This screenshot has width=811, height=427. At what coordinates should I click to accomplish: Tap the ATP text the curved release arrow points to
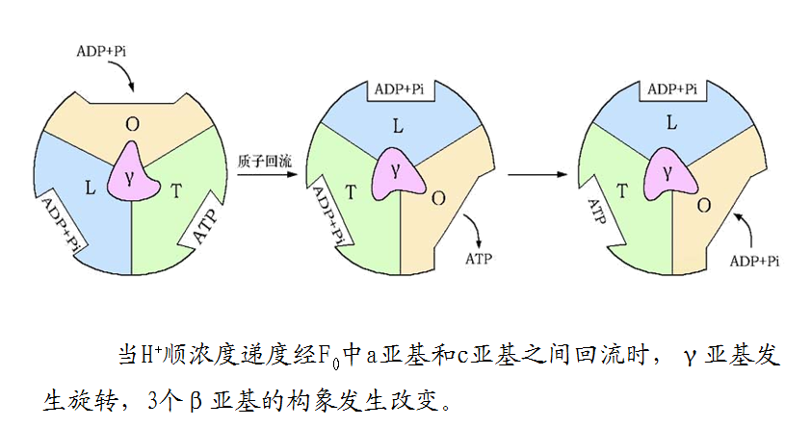coord(479,259)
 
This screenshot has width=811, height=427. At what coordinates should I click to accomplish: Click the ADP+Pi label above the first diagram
coord(100,47)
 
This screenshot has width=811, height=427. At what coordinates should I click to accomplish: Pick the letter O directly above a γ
coord(132,123)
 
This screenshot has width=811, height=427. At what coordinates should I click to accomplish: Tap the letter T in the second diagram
coord(351,191)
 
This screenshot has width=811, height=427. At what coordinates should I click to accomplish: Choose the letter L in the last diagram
coord(671,122)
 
